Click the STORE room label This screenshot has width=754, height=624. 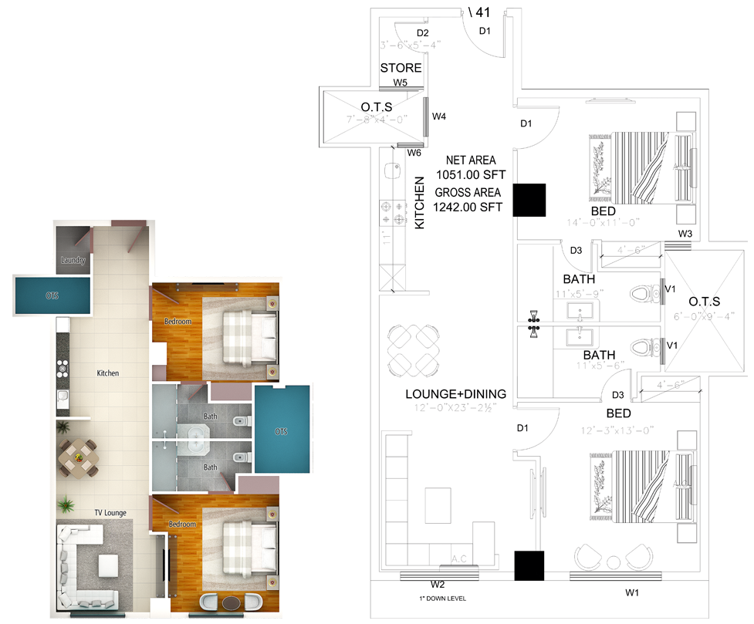(x=401, y=68)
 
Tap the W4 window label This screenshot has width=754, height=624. (x=439, y=116)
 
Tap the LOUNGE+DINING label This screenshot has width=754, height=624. (x=455, y=394)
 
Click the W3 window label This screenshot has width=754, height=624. (x=685, y=234)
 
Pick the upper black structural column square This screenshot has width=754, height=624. (x=530, y=200)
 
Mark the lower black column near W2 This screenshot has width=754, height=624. (x=530, y=565)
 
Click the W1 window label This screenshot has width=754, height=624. (x=633, y=592)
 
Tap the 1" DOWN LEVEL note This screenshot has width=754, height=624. (x=438, y=599)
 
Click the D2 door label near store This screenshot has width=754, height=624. (x=422, y=33)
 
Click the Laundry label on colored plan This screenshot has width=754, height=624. (x=73, y=260)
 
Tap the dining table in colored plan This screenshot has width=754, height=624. (x=78, y=457)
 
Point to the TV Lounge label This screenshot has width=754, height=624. (x=110, y=512)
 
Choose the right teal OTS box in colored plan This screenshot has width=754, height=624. (x=282, y=430)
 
